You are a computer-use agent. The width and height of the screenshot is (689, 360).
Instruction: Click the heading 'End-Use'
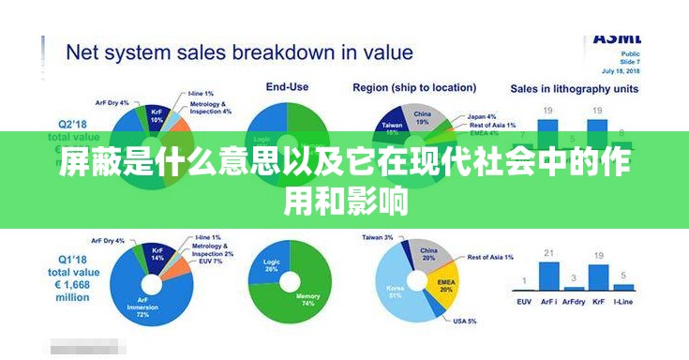click(x=286, y=87)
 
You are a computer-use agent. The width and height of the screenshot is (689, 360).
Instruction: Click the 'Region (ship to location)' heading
click(x=413, y=87)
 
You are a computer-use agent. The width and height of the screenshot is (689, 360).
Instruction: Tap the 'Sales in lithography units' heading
click(x=574, y=88)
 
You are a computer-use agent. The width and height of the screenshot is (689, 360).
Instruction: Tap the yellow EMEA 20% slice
click(x=442, y=283)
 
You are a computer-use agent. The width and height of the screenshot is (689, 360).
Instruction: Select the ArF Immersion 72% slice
click(x=141, y=298)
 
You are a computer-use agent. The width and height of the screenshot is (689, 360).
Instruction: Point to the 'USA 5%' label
click(x=464, y=322)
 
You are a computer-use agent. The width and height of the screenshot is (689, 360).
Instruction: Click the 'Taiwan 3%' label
click(x=378, y=238)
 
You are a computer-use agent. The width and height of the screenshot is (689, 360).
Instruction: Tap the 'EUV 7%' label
click(x=211, y=261)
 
